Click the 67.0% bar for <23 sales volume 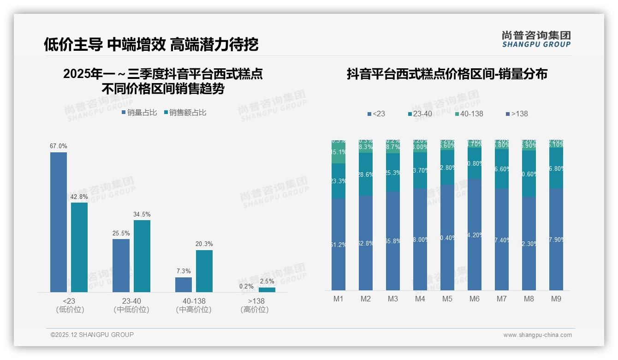coord(59,222)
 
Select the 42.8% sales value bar coord(79,247)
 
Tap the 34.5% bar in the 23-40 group coord(142,256)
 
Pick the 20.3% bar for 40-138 coord(204,271)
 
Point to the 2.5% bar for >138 coord(267,290)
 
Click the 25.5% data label coord(121,233)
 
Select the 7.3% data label coord(183,271)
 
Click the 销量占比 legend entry coord(139,113)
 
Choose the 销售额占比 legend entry coord(185,113)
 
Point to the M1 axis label coord(339,299)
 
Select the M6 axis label coord(475,299)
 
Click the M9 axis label coord(556,299)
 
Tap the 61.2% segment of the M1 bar coord(339,245)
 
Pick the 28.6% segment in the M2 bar coord(366,174)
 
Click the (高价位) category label coord(255,310)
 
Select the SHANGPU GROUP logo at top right coord(536,39)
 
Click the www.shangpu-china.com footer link coord(537,335)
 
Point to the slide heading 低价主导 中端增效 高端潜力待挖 coord(151,44)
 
